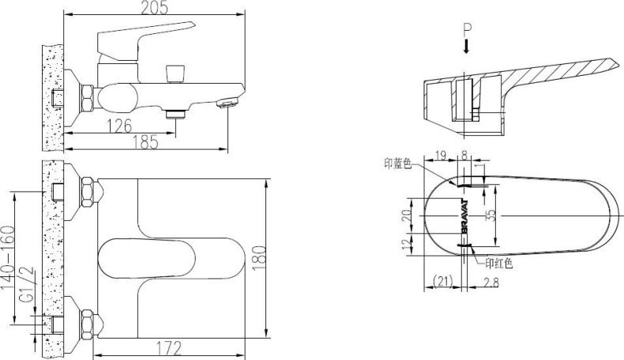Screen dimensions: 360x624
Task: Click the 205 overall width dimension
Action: pos(153,8)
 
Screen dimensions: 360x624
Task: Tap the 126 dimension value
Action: pos(119,126)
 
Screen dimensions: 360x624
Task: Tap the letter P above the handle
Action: pos(467,29)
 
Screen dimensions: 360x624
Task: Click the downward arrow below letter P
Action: pos(467,47)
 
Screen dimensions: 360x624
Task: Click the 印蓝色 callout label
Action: pos(398,164)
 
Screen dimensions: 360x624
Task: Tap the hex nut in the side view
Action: pos(87,100)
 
